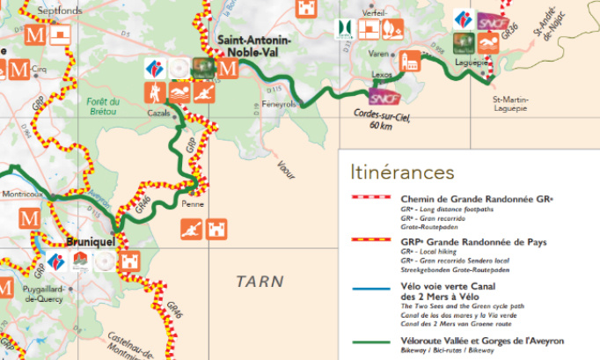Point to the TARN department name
(x=260, y=282)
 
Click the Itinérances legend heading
(x=402, y=171)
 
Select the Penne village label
(x=191, y=203)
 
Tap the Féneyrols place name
(x=279, y=103)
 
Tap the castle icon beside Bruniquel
(x=130, y=261)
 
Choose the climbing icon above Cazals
(x=157, y=91)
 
